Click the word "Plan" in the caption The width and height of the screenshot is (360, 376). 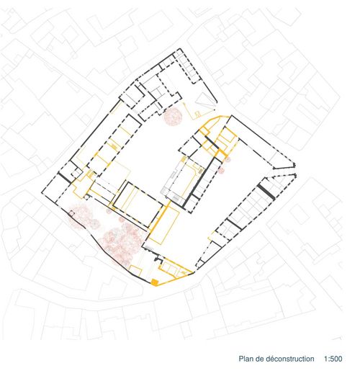click(245, 359)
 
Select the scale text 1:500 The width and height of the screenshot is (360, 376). click(333, 359)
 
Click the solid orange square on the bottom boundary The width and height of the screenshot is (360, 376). click(154, 282)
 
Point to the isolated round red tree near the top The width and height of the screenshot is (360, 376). click(173, 116)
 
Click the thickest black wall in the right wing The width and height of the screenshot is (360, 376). click(266, 192)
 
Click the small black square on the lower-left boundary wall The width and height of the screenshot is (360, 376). click(71, 212)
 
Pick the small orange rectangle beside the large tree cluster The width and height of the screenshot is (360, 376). click(135, 270)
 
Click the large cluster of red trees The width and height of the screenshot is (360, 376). click(121, 243)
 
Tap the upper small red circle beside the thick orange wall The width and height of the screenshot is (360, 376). click(228, 158)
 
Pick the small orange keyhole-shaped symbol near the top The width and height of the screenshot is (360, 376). click(198, 114)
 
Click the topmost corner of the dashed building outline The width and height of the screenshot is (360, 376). click(179, 49)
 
